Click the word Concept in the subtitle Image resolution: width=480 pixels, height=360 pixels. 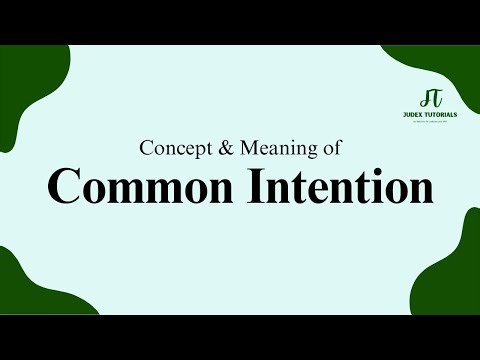tap(173, 149)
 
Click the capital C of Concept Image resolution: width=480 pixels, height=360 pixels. tap(147, 149)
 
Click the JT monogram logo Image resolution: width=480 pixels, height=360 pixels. tap(432, 98)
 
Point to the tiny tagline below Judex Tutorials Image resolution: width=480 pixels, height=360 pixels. tap(432, 122)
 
